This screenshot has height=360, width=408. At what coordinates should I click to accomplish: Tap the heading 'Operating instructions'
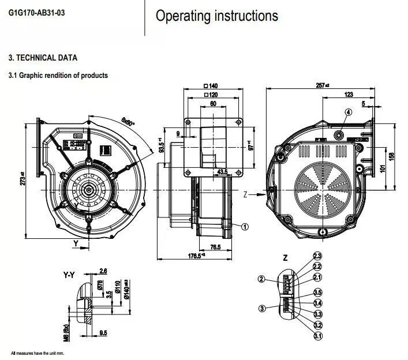coord(216,16)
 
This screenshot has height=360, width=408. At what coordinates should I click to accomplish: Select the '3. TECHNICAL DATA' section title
coord(42,58)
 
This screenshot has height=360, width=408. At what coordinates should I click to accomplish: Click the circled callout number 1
coord(245,227)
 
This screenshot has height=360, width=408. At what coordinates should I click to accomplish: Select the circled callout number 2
coord(261,279)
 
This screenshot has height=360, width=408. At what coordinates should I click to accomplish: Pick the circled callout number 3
coord(262,309)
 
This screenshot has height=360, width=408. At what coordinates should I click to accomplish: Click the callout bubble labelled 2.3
coord(317,256)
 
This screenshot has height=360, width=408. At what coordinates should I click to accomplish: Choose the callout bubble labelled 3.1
coord(317,335)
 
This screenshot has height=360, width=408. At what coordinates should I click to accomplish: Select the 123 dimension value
coord(348,94)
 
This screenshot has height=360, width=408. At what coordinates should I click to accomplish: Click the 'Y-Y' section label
coord(69,275)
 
